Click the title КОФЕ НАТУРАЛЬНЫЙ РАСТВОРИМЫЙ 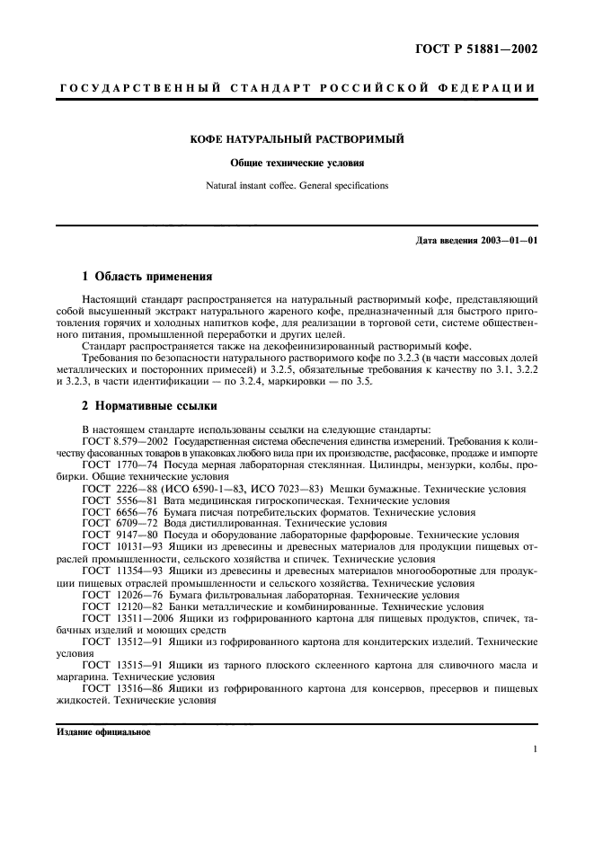tap(297, 140)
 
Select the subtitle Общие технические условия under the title tap(297, 164)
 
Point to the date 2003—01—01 tap(506, 241)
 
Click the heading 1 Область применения tap(146, 277)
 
